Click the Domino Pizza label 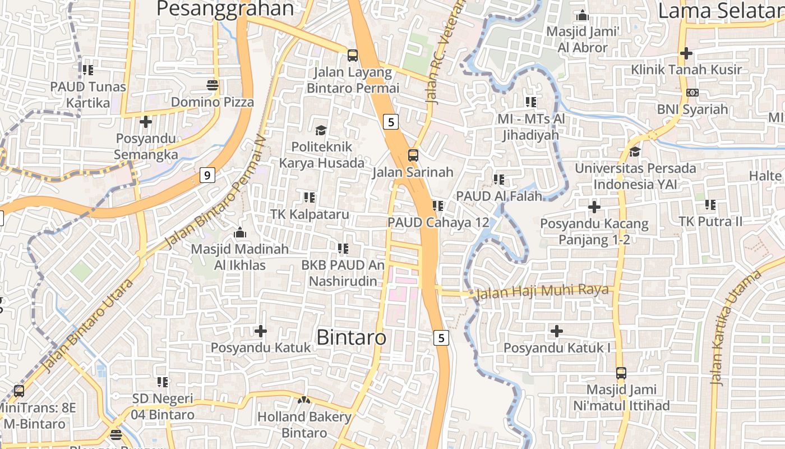click(x=213, y=102)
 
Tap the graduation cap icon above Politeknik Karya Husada click(x=321, y=131)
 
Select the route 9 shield click(x=207, y=176)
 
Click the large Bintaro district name click(x=352, y=337)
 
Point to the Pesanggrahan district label click(x=225, y=9)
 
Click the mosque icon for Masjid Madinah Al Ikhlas click(x=240, y=232)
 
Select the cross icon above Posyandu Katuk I click(x=556, y=331)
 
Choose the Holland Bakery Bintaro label click(x=304, y=425)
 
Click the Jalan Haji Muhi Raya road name click(x=542, y=291)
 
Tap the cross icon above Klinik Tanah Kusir click(x=686, y=54)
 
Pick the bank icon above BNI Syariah click(x=692, y=93)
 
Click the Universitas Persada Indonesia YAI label click(x=635, y=176)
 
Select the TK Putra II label click(x=710, y=222)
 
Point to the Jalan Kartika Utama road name click(x=735, y=329)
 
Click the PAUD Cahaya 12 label click(x=438, y=222)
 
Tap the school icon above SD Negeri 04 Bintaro click(x=163, y=383)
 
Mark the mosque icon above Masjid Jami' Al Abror click(x=583, y=15)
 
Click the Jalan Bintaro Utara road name click(x=87, y=326)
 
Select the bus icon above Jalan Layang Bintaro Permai click(x=353, y=56)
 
